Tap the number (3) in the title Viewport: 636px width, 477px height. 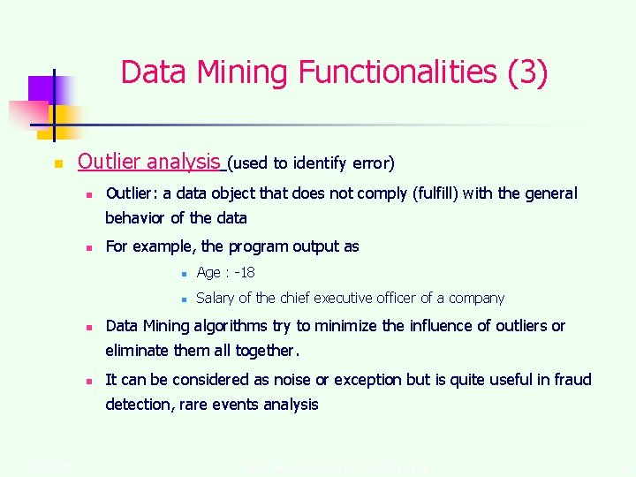pos(528,72)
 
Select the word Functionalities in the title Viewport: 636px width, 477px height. pos(401,72)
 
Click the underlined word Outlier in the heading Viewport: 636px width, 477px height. pos(109,162)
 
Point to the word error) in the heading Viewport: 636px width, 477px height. pos(374,163)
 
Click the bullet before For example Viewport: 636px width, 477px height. pos(89,248)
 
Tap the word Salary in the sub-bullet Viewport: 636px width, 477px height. pos(215,299)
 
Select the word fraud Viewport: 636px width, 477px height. pos(572,380)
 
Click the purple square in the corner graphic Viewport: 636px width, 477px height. pos(41,88)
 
